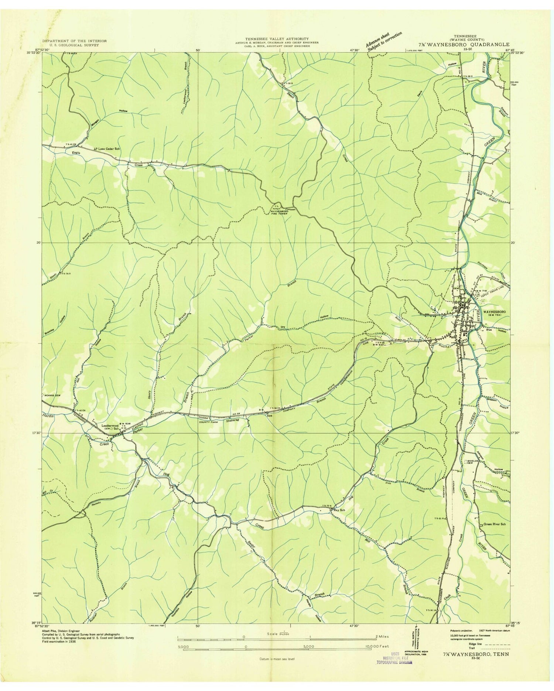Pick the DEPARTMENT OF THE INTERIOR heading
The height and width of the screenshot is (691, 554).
(74, 41)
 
